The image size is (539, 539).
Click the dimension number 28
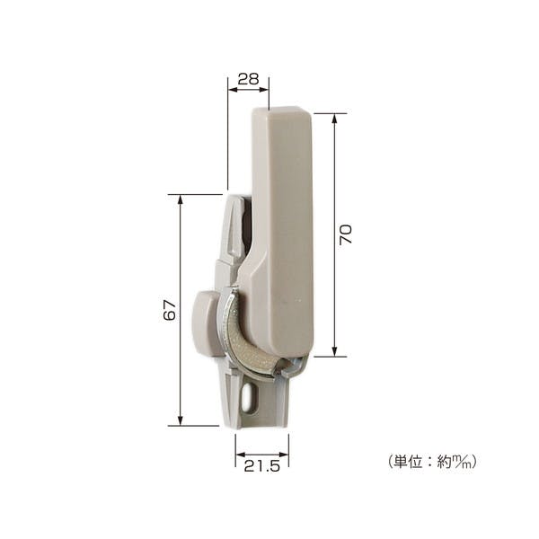(248, 79)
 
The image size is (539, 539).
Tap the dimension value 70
(346, 234)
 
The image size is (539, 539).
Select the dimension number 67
(170, 310)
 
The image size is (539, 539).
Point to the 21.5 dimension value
(262, 466)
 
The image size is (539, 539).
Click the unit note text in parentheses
(432, 461)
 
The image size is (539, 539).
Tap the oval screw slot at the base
(246, 398)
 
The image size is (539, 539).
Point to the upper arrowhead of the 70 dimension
(334, 119)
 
